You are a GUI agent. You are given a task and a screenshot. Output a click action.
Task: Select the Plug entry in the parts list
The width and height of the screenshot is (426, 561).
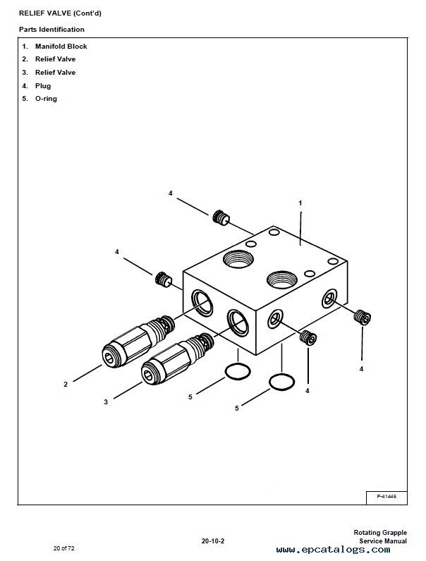tap(43, 86)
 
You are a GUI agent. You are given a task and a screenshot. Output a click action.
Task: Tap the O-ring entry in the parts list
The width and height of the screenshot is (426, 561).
tap(46, 99)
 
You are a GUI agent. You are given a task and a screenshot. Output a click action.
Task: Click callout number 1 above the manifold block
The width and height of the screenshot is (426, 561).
tap(300, 203)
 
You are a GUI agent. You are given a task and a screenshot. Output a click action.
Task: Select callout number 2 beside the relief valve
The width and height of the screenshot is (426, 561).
tap(66, 385)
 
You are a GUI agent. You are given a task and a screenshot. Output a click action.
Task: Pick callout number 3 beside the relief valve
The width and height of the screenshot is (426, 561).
tap(106, 402)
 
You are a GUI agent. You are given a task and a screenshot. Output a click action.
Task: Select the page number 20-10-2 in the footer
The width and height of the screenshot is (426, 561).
tap(212, 541)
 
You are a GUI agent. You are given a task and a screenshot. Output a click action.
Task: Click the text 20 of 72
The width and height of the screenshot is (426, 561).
tap(63, 548)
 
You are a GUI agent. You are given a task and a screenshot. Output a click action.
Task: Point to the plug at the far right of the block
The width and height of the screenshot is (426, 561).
tap(363, 318)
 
